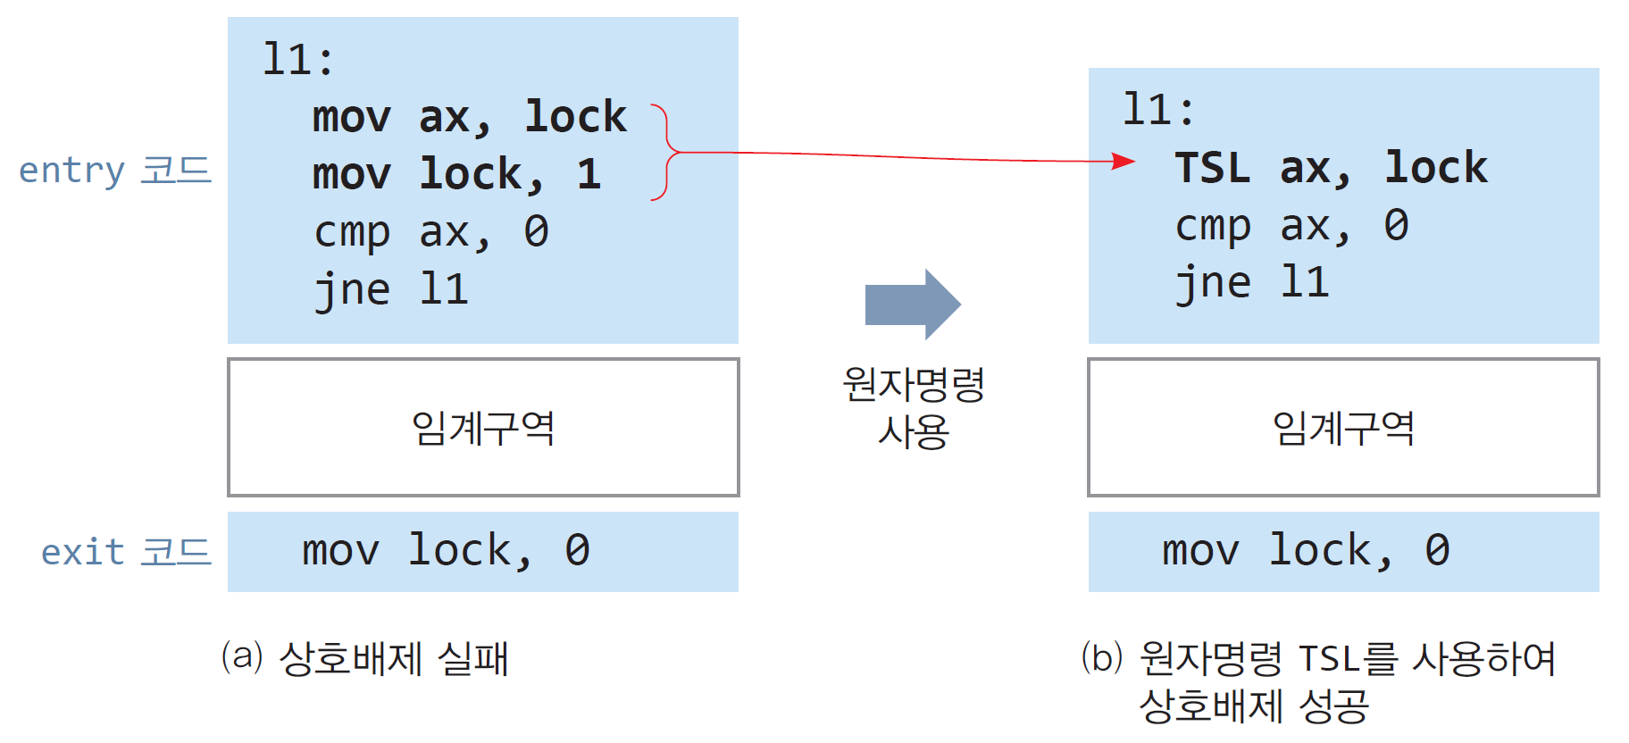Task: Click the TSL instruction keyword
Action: point(1212,168)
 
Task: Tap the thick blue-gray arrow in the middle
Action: point(912,305)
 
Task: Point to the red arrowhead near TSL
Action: point(1124,162)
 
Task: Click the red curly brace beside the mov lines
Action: point(664,153)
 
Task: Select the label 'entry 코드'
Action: point(115,170)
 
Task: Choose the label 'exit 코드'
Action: point(126,552)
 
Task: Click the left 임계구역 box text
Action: point(483,428)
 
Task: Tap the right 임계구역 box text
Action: point(1343,428)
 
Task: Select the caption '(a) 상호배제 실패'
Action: point(365,659)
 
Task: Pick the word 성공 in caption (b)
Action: point(1332,706)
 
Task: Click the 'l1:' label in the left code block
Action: point(298,60)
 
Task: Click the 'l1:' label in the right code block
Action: point(1158,111)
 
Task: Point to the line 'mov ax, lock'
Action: point(469,117)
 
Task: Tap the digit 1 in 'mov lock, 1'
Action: point(589,174)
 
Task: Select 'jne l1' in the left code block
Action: point(391,289)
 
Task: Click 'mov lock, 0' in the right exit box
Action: point(1306,551)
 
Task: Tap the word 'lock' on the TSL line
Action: point(1436,168)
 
